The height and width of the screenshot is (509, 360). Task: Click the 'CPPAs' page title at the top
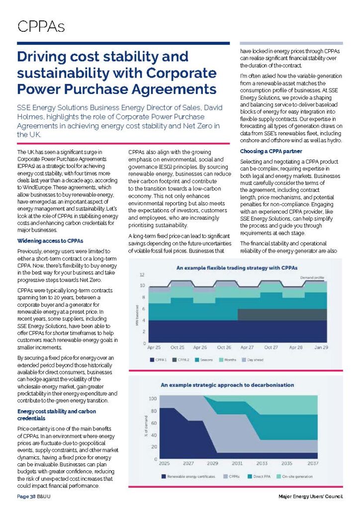point(41,26)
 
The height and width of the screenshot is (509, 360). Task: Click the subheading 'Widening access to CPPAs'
point(50,241)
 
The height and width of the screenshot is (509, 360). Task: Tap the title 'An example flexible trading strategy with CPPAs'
point(237,267)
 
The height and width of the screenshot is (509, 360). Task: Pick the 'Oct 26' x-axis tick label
point(224,347)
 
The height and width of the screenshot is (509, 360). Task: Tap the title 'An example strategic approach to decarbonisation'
point(227,385)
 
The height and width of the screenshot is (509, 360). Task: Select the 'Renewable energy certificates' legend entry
point(188,477)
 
